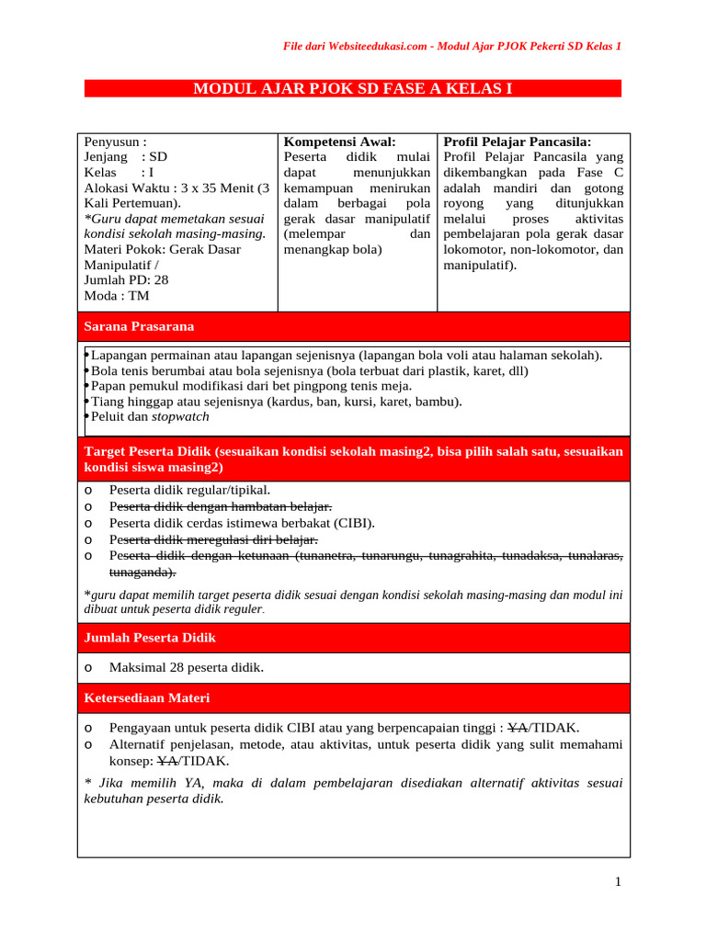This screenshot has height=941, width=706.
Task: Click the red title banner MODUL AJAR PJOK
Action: click(x=352, y=88)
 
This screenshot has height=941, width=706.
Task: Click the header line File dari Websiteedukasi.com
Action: click(x=450, y=46)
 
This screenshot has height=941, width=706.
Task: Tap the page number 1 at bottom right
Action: click(x=619, y=882)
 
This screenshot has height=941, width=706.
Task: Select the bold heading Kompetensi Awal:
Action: click(x=339, y=142)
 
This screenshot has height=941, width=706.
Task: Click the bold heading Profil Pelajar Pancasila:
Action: click(x=517, y=142)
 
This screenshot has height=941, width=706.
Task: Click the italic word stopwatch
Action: click(x=180, y=416)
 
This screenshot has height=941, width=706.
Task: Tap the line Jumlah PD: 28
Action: click(x=126, y=280)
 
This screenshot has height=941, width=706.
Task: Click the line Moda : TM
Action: click(x=116, y=296)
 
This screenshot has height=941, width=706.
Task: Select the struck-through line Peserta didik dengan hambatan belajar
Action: click(x=220, y=506)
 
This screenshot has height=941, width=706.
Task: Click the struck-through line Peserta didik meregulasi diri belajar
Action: click(x=213, y=539)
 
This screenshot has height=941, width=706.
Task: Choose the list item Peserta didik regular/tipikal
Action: click(x=189, y=490)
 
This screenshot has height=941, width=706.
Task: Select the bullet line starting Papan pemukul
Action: click(x=250, y=386)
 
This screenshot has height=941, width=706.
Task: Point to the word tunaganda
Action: click(x=140, y=572)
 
